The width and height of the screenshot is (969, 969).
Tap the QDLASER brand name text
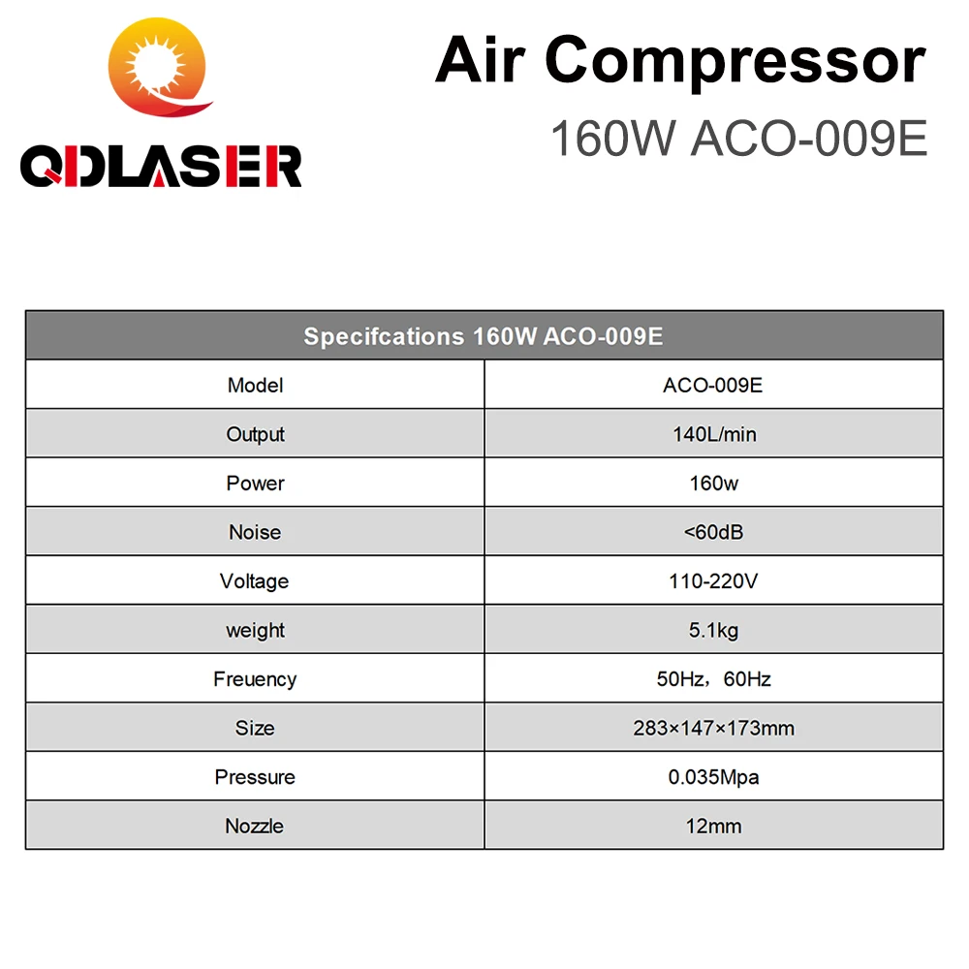[x=161, y=167]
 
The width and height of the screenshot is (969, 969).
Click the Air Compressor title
[x=680, y=60]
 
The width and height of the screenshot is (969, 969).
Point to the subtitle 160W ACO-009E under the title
[x=738, y=139]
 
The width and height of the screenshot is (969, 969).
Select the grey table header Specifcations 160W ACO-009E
[x=484, y=337]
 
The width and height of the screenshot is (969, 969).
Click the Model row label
[x=255, y=386]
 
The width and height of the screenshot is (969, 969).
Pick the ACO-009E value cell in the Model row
[x=713, y=386]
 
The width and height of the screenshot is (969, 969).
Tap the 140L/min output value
[x=713, y=434]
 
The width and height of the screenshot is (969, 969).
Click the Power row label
[x=255, y=484]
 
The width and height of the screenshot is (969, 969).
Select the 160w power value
[x=713, y=484]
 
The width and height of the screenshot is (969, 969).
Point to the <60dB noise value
[x=713, y=532]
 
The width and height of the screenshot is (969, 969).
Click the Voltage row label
[x=255, y=581]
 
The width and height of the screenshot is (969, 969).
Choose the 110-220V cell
[x=713, y=581]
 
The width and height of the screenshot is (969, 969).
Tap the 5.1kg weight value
[x=713, y=631]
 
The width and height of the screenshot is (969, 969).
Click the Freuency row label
[x=255, y=679]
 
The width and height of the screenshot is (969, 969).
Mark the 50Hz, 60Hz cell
[x=713, y=679]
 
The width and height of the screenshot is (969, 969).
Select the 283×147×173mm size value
[x=713, y=729]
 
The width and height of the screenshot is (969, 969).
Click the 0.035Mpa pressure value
[x=713, y=777]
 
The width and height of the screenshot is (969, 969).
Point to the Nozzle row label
[x=255, y=827]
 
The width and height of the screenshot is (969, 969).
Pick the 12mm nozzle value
[x=713, y=827]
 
